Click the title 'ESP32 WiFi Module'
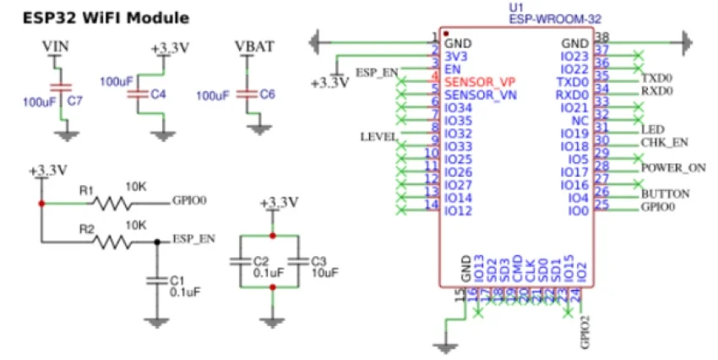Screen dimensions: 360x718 coord(105,18)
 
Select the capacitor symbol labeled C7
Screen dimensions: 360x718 coord(57,88)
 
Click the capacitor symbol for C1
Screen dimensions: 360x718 coord(155,278)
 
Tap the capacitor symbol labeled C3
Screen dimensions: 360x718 coord(299,260)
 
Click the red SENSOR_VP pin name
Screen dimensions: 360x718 coord(480,82)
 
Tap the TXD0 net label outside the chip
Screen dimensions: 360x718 coord(656,76)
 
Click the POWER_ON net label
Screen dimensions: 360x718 coord(672,167)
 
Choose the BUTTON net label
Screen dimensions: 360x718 coord(665,194)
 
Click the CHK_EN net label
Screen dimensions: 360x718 coord(665,142)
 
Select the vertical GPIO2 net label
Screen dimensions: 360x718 coord(584,332)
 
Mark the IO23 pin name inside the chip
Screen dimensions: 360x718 coord(574,57)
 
